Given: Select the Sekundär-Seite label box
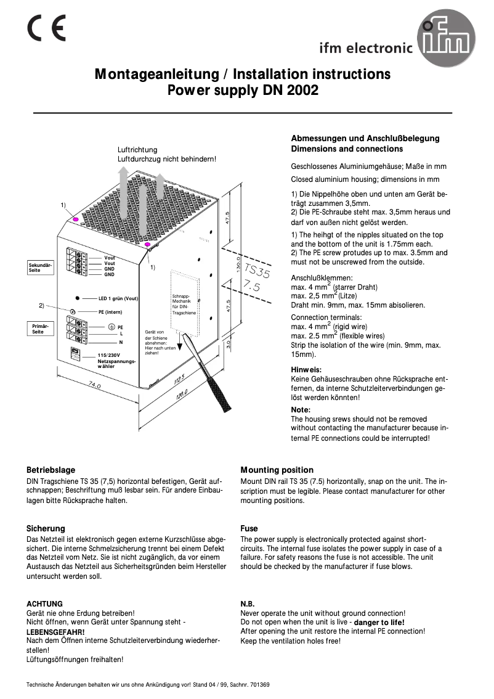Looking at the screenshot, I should pos(40,267).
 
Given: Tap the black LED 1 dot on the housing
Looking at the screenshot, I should pos(77,298).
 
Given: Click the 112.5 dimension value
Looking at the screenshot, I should pos(179,377).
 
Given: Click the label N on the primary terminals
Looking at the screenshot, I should pos(121,341).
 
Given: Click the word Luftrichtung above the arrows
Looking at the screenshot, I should pos(137,150).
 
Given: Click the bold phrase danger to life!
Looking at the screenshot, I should pos(379,622).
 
